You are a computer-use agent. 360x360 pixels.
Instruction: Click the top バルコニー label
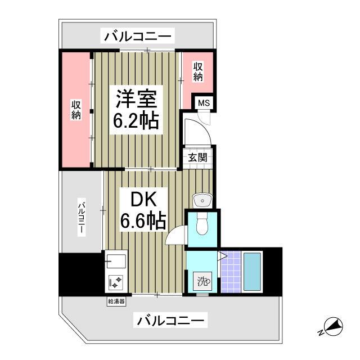coord(137,37)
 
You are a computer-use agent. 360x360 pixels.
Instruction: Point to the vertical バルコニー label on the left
coord(82,218)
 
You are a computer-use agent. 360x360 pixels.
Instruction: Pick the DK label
coord(142,200)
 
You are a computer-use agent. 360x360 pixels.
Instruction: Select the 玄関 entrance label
coord(198,157)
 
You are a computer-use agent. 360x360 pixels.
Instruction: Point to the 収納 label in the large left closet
coord(76,110)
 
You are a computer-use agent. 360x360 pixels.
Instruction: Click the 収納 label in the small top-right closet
coord(197,71)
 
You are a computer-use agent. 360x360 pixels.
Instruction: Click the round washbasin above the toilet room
coord(201,199)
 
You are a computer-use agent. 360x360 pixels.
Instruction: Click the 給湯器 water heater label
coord(116,301)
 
